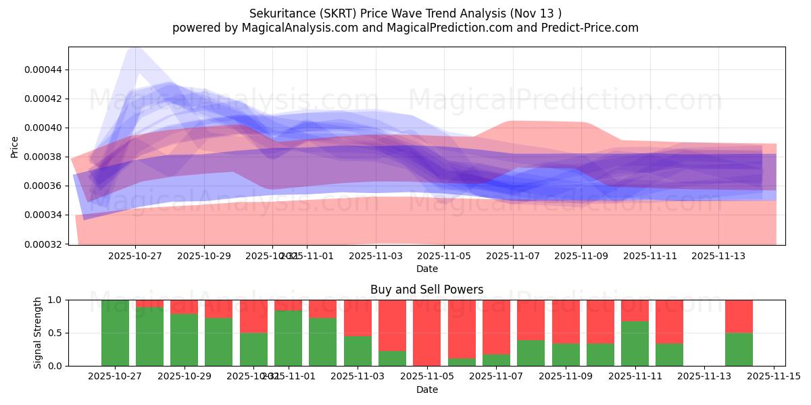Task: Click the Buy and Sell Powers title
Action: (x=426, y=290)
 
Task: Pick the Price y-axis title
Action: (x=14, y=146)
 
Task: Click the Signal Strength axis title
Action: (x=38, y=333)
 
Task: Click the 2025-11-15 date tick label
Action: (x=773, y=377)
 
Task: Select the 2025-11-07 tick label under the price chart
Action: (x=512, y=256)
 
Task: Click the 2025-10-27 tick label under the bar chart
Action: (x=115, y=377)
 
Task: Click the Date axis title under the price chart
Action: (x=426, y=269)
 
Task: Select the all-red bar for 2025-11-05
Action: (x=426, y=333)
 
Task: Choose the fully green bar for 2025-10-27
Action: (x=115, y=333)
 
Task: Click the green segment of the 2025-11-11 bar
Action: (x=635, y=344)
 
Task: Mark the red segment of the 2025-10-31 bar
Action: (x=253, y=316)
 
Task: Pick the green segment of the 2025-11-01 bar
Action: (x=288, y=338)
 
